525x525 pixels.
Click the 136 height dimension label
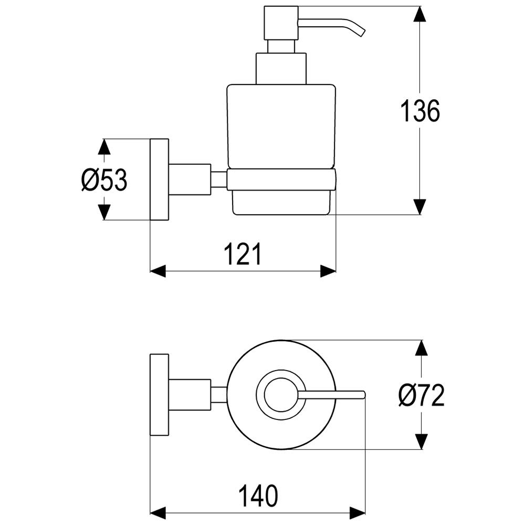[x=420, y=110]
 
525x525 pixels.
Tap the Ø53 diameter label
[x=104, y=180]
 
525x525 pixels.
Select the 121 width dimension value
[x=243, y=254]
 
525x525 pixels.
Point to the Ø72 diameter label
[x=421, y=395]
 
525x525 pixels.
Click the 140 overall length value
[x=258, y=496]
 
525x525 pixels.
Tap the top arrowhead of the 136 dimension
[x=420, y=14]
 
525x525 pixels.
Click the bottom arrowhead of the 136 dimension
[x=420, y=206]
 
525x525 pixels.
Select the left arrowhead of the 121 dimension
[x=158, y=271]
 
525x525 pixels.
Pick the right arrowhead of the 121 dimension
[x=328, y=271]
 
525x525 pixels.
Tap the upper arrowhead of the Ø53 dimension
[x=104, y=146]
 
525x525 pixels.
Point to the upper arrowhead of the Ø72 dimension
[x=421, y=348]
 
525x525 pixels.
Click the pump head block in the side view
[x=281, y=23]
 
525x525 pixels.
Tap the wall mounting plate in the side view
[x=159, y=179]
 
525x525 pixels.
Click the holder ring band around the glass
[x=281, y=180]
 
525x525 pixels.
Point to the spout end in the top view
[x=364, y=395]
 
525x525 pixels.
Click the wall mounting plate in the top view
[x=159, y=394]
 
